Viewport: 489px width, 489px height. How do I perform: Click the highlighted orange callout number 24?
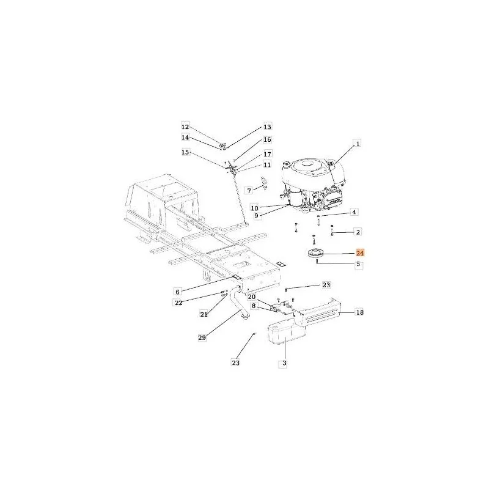click(x=360, y=252)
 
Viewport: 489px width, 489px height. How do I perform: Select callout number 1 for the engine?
click(x=358, y=144)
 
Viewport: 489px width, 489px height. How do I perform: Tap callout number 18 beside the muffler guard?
click(x=359, y=312)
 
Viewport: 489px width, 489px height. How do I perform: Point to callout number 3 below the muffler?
click(x=284, y=363)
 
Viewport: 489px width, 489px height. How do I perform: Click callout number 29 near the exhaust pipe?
click(x=202, y=337)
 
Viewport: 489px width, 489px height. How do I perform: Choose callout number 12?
click(x=185, y=127)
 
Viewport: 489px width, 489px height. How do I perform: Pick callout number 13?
click(x=268, y=127)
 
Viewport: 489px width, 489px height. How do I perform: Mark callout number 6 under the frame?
click(x=177, y=292)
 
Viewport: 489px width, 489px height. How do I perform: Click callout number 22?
click(x=178, y=303)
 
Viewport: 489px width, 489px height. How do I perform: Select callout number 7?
click(x=249, y=190)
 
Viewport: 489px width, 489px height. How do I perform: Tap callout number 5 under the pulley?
click(x=358, y=264)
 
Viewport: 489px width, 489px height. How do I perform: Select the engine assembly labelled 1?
click(x=313, y=186)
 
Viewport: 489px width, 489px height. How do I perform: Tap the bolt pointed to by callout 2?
click(x=333, y=230)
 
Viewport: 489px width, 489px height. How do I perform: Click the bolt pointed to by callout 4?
click(x=318, y=221)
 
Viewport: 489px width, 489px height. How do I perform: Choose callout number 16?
click(x=267, y=140)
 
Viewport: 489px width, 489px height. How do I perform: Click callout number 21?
click(x=204, y=315)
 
